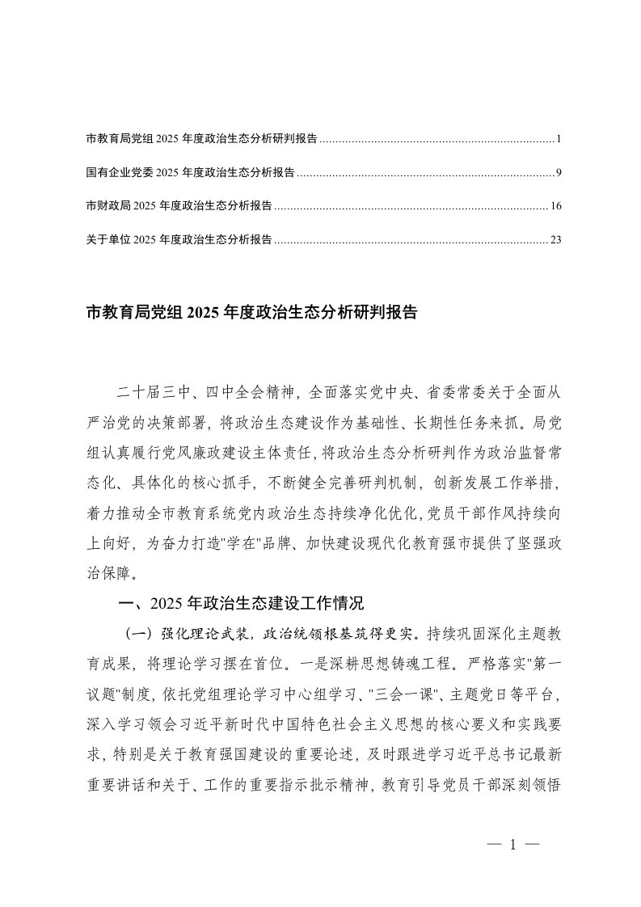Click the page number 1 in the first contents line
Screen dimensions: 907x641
coord(559,139)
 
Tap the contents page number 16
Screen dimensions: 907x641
coord(555,206)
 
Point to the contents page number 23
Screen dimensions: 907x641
coord(555,239)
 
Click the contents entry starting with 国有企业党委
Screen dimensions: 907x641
coord(190,172)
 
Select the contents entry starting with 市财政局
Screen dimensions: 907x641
coord(179,206)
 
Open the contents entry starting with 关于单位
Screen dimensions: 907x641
coord(179,239)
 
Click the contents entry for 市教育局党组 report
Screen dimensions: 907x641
coord(201,139)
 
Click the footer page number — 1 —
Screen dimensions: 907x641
coord(512,845)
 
